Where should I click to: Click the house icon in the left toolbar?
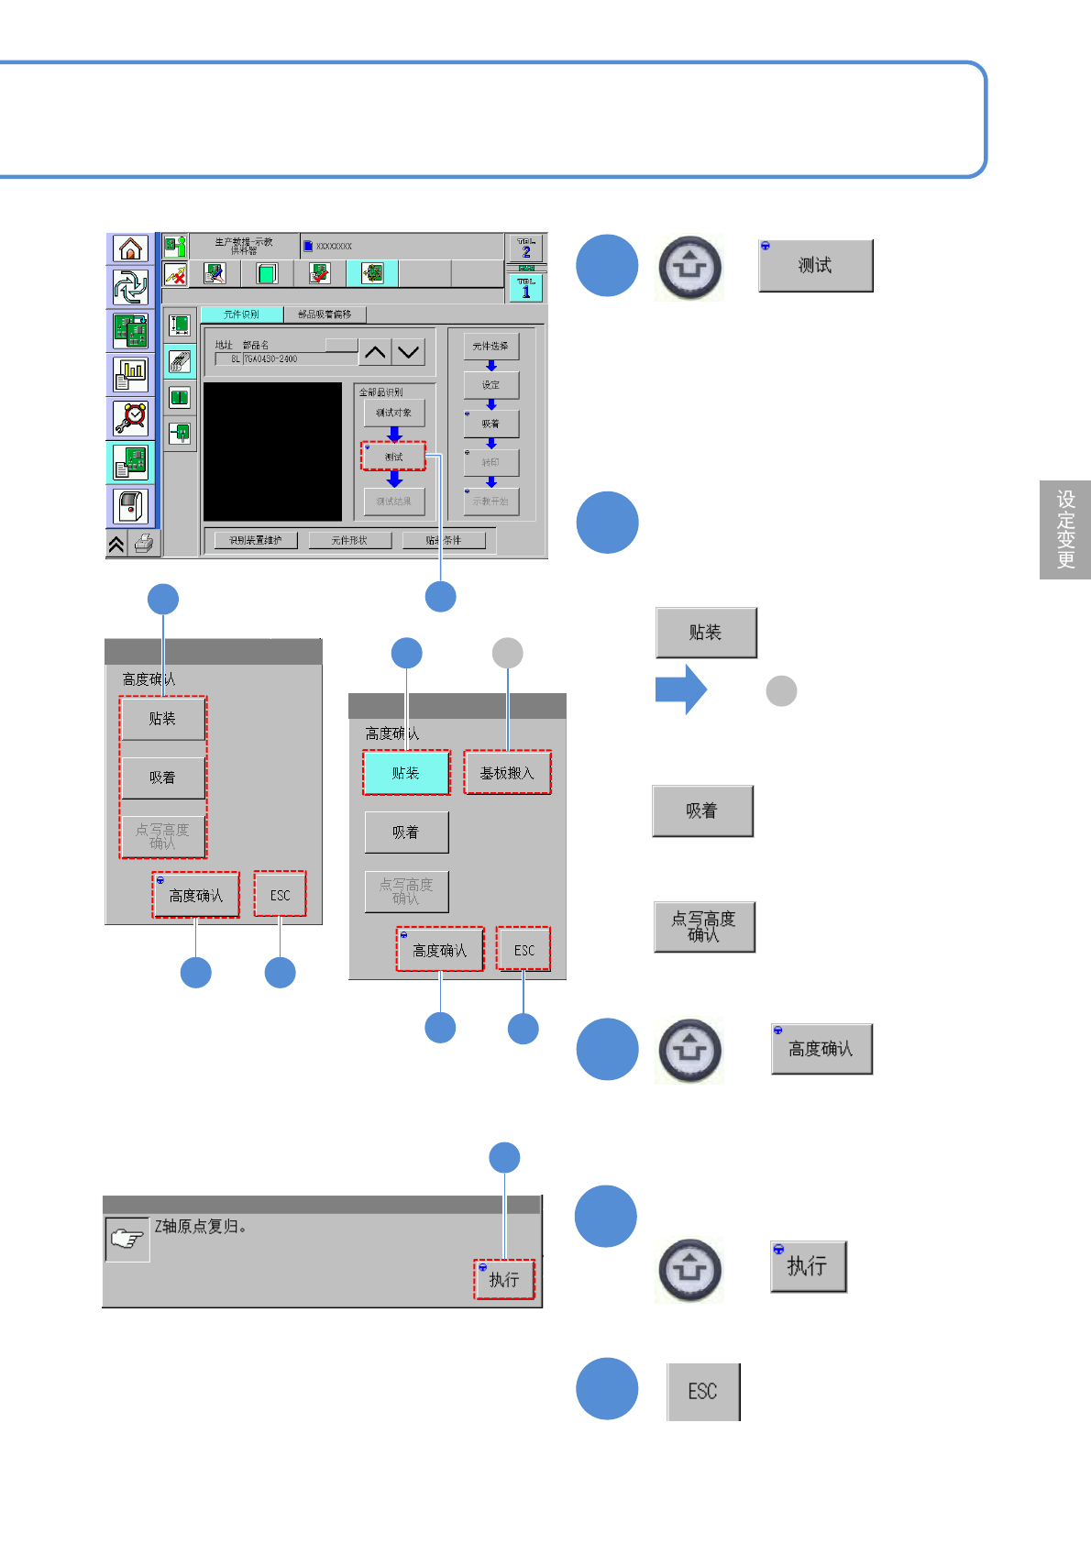(x=131, y=248)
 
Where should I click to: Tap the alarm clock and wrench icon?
(x=131, y=418)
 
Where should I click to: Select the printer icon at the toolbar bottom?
(x=144, y=544)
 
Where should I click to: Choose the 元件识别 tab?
(x=241, y=314)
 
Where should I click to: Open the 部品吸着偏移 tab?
(x=325, y=314)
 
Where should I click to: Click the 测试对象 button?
(x=393, y=413)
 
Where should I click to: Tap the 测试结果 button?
(x=393, y=502)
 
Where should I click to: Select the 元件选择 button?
(x=490, y=346)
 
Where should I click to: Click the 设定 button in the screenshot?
(x=490, y=385)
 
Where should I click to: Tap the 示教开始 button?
(x=490, y=502)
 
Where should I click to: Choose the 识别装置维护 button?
(x=255, y=540)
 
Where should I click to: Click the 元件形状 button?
(x=349, y=540)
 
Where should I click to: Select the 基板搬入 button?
(x=507, y=773)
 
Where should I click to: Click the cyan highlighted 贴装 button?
(x=406, y=773)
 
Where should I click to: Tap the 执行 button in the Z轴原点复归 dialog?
(x=503, y=1279)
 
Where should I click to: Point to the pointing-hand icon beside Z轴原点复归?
(x=127, y=1240)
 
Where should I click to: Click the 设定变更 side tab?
(x=1065, y=530)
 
